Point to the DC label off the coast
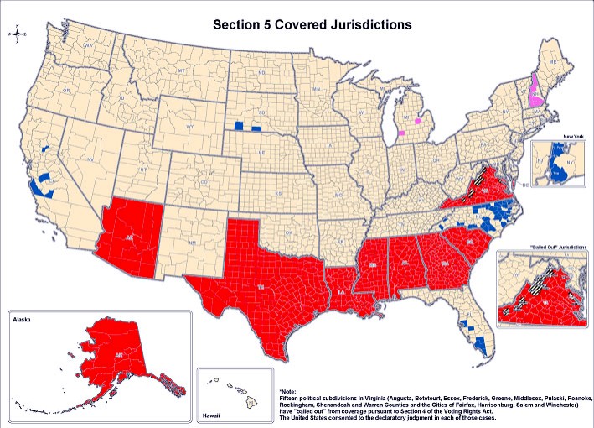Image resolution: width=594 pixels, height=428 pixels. tap(524, 183)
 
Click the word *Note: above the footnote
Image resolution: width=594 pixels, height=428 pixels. tap(288, 391)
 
